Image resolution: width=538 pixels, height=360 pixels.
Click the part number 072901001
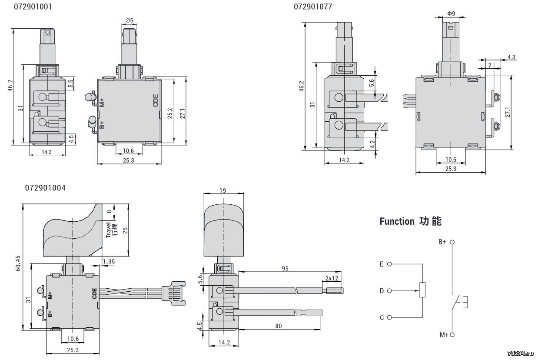click(33, 7)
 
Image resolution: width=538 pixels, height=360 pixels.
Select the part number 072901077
click(313, 7)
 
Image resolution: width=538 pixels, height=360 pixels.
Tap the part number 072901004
click(45, 188)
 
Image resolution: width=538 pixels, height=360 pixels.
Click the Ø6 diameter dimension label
click(129, 20)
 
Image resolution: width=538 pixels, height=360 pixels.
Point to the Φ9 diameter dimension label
click(451, 14)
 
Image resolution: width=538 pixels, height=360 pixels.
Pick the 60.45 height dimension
click(18, 263)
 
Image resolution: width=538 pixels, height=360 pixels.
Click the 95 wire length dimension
click(285, 268)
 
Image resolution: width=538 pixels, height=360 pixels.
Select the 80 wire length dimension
click(279, 326)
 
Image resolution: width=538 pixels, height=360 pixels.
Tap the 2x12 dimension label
click(332, 278)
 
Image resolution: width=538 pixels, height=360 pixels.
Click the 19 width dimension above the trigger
click(223, 190)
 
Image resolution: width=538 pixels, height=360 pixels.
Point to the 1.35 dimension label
click(109, 261)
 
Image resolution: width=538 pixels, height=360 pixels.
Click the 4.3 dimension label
click(511, 57)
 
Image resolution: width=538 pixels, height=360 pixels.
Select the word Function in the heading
click(397, 221)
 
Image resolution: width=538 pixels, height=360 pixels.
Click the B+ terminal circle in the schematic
click(452, 242)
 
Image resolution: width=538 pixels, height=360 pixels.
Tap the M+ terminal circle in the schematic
click(452, 335)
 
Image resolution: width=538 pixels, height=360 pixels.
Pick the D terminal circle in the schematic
click(389, 291)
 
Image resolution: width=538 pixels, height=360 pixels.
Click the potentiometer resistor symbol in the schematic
click(422, 290)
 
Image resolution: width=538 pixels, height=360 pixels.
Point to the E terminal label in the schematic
click(382, 264)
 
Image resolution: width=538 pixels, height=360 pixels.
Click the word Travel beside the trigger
click(109, 230)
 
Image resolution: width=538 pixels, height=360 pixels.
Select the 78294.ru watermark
click(521, 353)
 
